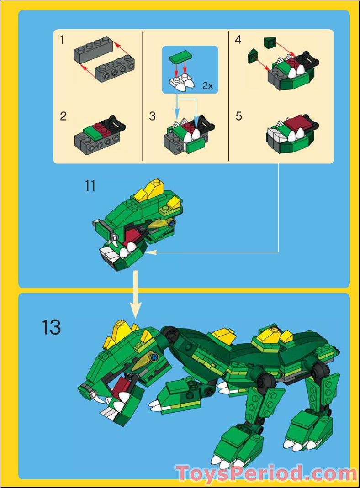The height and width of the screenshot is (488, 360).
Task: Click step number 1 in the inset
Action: pos(62,40)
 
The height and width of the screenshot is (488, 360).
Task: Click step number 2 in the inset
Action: pos(63,116)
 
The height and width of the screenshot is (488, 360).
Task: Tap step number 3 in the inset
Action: pos(153,116)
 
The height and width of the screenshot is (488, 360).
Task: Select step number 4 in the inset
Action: pos(238,40)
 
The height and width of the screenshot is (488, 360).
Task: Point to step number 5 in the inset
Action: pos(238,116)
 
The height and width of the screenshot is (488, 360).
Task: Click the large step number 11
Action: pos(90,186)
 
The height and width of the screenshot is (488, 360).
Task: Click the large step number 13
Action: pos(51,327)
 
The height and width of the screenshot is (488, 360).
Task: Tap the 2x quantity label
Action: pos(208,85)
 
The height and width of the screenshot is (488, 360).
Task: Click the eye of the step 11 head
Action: pos(172,223)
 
